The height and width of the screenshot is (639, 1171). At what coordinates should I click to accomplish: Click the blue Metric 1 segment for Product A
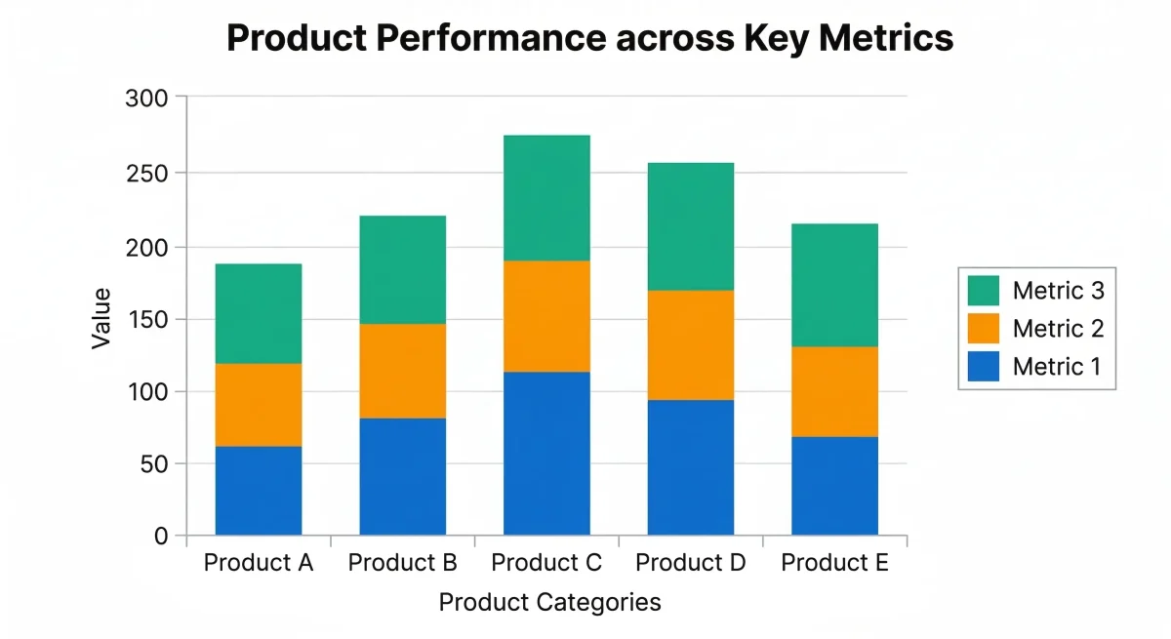(259, 491)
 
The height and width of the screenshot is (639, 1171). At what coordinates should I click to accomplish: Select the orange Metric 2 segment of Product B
(402, 371)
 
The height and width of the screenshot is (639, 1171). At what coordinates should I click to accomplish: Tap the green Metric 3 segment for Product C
(546, 198)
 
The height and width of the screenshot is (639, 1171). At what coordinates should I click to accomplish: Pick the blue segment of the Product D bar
(690, 467)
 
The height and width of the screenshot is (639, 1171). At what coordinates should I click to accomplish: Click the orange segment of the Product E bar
(834, 391)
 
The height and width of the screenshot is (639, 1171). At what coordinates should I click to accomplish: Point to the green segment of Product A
(259, 313)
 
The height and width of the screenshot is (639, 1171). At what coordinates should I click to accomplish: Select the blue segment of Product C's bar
(546, 454)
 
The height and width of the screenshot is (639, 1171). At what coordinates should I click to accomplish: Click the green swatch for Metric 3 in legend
(984, 290)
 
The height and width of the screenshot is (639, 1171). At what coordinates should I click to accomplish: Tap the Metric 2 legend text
(1058, 329)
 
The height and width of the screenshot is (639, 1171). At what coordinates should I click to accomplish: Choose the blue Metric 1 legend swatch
(984, 367)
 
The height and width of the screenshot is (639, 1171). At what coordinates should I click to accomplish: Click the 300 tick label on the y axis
(147, 99)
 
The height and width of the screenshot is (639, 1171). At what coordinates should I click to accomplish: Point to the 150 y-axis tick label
(147, 320)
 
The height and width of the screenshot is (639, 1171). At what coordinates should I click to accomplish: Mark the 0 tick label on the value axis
(161, 536)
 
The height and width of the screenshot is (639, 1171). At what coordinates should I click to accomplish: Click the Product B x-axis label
(402, 563)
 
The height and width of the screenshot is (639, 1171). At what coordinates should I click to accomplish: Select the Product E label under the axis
(834, 563)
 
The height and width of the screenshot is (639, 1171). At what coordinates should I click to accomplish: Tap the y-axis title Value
(101, 318)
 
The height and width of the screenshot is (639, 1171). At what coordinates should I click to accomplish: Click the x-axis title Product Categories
(549, 602)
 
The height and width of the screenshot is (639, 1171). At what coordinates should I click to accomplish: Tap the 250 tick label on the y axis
(147, 174)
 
